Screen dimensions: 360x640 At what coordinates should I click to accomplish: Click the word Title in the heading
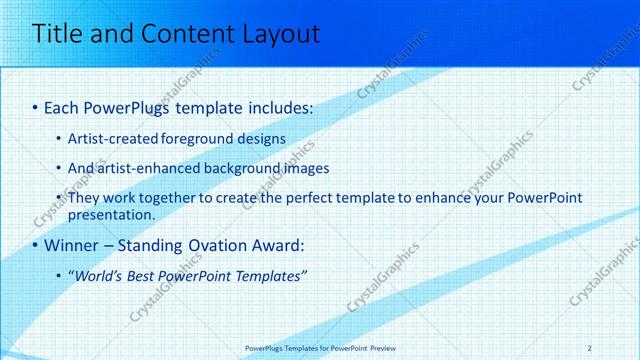pyautogui.click(x=60, y=35)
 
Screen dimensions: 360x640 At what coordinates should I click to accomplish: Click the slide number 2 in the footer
pyautogui.click(x=590, y=347)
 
